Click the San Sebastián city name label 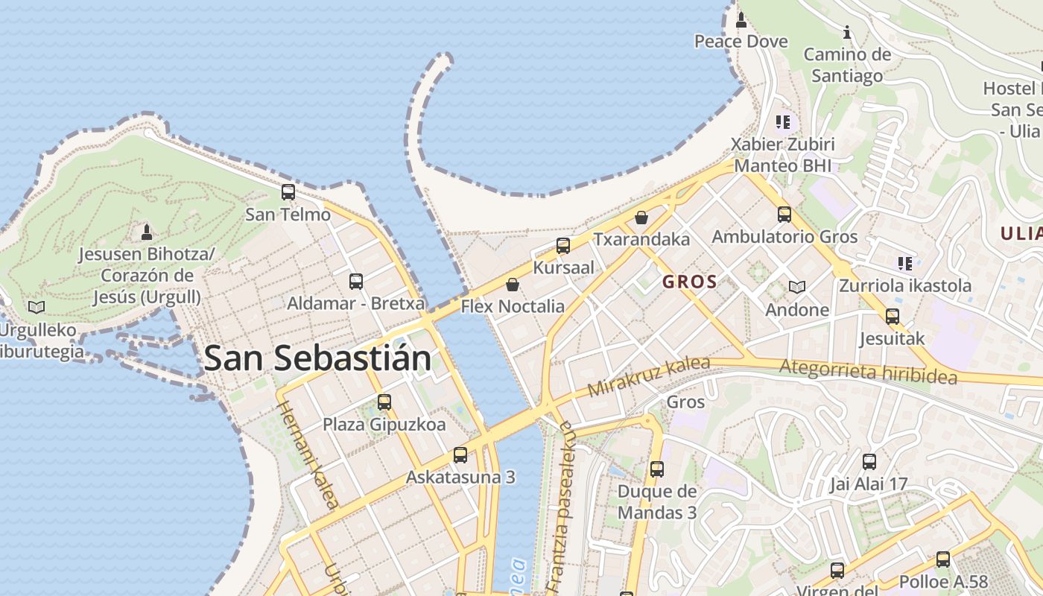pos(317,358)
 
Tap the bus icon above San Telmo pos(288,192)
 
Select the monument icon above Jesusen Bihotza pos(147,232)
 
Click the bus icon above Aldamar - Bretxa pos(356,282)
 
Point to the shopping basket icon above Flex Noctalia pos(513,285)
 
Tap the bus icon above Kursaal pos(563,246)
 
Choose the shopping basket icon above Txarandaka pos(641,218)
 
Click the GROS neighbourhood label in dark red pos(689,282)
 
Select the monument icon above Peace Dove pos(741,20)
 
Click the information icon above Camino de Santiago pos(847,33)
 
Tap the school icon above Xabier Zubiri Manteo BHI pos(782,121)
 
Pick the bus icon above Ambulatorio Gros pos(784,215)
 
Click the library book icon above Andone pos(797,287)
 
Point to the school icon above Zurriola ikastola pos(905,263)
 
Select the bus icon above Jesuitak pos(893,317)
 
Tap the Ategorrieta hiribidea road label pos(868,371)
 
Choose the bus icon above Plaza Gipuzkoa pos(384,402)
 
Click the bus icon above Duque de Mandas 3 pos(656,469)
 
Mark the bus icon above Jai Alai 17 pos(869,462)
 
